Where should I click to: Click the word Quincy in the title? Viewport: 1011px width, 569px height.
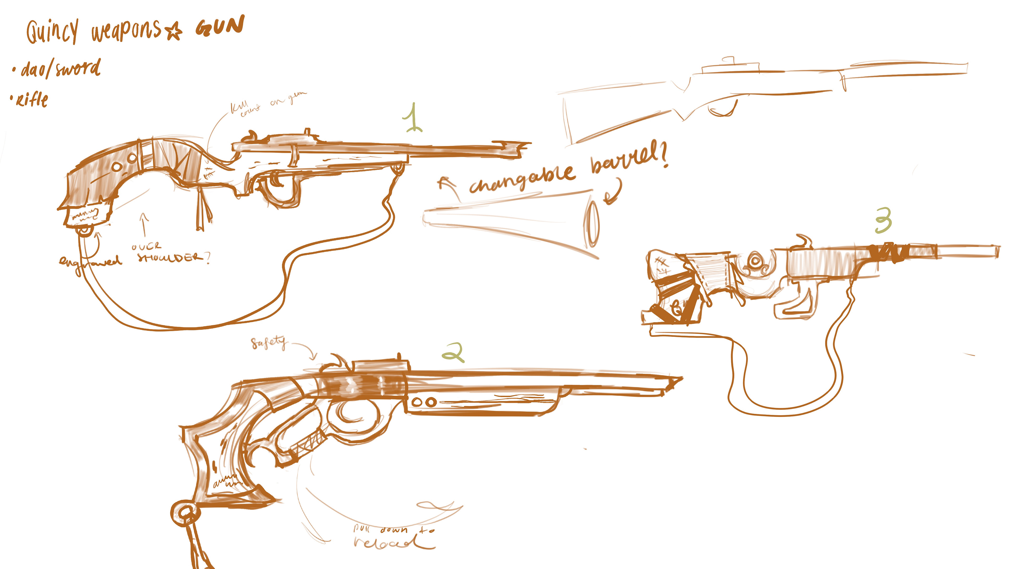[x=52, y=31]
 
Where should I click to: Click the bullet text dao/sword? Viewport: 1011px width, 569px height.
[x=61, y=69]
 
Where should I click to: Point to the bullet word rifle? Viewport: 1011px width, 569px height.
[x=32, y=100]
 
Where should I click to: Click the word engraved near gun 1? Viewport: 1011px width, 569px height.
[x=90, y=261]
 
